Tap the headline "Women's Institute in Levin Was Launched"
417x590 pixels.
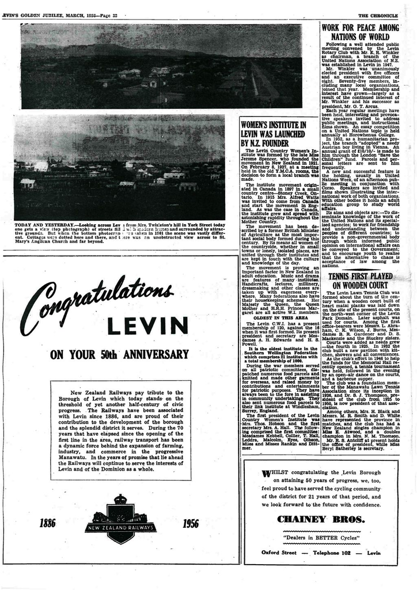coord(273,134)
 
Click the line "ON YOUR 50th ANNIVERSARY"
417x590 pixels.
coord(120,354)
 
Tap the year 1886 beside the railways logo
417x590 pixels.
coord(48,523)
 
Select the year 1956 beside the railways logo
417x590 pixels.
coord(191,523)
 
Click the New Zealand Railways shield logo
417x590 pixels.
coord(120,519)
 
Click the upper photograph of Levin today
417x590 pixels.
coord(161,66)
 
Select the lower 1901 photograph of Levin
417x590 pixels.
coord(120,167)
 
